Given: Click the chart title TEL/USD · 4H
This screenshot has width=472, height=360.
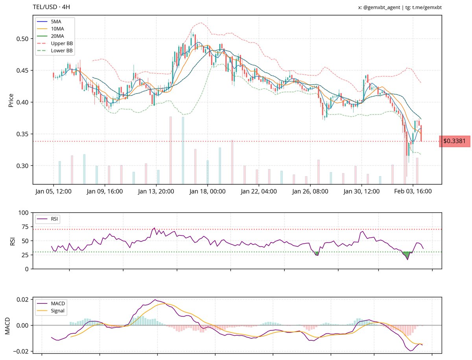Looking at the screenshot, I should (x=52, y=7).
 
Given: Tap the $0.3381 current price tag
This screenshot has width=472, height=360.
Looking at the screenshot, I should (x=454, y=141).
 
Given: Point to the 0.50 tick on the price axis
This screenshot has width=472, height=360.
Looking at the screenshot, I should (x=22, y=39).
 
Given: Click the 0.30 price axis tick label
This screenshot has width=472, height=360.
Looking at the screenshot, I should (x=22, y=166).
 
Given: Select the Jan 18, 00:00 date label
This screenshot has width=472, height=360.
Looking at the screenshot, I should (x=207, y=192).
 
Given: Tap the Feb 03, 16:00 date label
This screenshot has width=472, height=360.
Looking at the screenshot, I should (x=413, y=192).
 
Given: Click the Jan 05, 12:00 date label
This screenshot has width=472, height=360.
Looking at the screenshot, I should (x=53, y=192).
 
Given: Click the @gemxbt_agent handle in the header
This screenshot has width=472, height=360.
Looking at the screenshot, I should (x=381, y=7).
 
